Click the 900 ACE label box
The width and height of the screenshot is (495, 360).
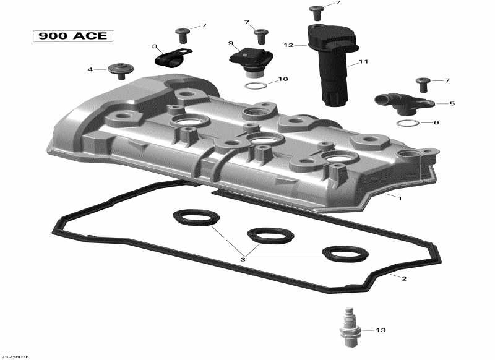(x=73, y=36)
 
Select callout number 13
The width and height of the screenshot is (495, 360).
(x=380, y=330)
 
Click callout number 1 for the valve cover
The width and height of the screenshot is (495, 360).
(x=400, y=199)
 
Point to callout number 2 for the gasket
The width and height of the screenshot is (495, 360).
(x=403, y=279)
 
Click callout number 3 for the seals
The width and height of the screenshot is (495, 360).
(x=243, y=259)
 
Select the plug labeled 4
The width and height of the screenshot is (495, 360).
(x=118, y=69)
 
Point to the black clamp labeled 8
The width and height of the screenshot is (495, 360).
(x=166, y=58)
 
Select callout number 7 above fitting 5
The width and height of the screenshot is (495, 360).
(x=447, y=80)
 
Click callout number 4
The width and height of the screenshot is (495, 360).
(x=90, y=69)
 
